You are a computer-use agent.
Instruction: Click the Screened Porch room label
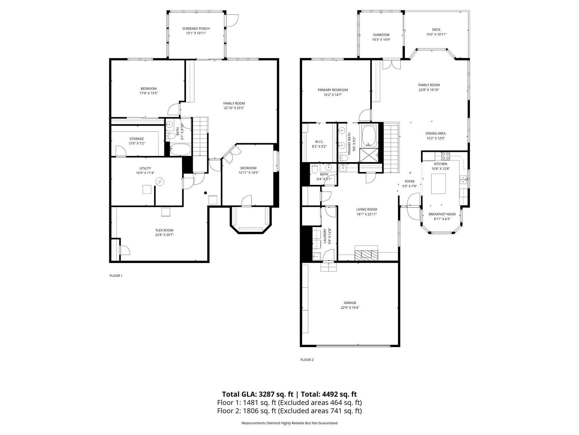click(x=196, y=29)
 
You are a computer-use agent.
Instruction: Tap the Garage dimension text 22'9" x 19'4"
click(x=350, y=308)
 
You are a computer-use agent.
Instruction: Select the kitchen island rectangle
click(x=438, y=184)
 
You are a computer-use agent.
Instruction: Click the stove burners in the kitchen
click(x=446, y=156)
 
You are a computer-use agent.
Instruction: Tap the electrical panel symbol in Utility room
click(x=159, y=182)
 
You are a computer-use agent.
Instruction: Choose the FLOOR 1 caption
click(x=116, y=276)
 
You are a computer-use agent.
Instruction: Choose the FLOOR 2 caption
click(x=307, y=360)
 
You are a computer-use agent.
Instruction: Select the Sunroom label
click(x=381, y=35)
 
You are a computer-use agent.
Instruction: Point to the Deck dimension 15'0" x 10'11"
click(x=436, y=34)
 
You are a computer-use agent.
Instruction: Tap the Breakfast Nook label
click(x=442, y=214)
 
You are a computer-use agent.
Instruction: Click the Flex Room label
click(x=164, y=230)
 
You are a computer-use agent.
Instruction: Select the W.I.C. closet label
click(x=319, y=142)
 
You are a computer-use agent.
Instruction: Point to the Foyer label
click(x=410, y=181)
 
